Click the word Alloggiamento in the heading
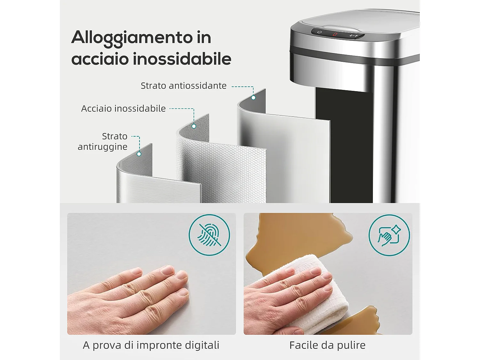[132, 38]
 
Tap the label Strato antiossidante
[183, 86]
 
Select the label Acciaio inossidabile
[123, 108]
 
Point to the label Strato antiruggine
[103, 141]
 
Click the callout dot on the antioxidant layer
[253, 98]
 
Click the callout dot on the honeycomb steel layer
[194, 126]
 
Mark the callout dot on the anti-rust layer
[139, 154]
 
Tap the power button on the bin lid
[319, 32]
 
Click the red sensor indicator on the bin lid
[335, 34]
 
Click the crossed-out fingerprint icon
[209, 235]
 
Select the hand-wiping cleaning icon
[389, 235]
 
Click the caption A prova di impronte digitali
[151, 345]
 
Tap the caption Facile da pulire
[327, 345]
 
